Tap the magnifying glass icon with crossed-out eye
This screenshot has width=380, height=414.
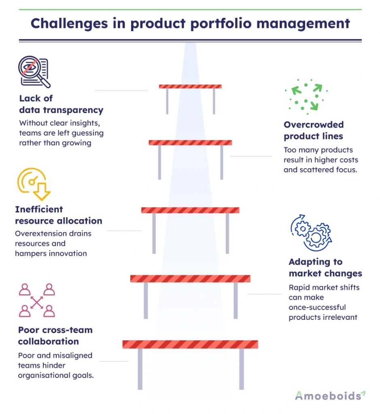click(x=34, y=72)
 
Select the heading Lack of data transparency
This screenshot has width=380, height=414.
click(x=61, y=104)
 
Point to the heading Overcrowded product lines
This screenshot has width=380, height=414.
click(x=313, y=130)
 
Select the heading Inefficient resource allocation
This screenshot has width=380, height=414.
click(x=58, y=215)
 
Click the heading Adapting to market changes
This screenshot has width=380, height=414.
click(x=325, y=268)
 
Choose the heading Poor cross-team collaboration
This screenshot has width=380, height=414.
click(x=55, y=336)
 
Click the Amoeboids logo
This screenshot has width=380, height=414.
click(x=330, y=395)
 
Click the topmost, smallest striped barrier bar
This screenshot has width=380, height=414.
click(x=190, y=86)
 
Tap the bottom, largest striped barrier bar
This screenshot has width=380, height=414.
click(x=190, y=344)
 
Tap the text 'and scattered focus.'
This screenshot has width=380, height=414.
click(x=320, y=170)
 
